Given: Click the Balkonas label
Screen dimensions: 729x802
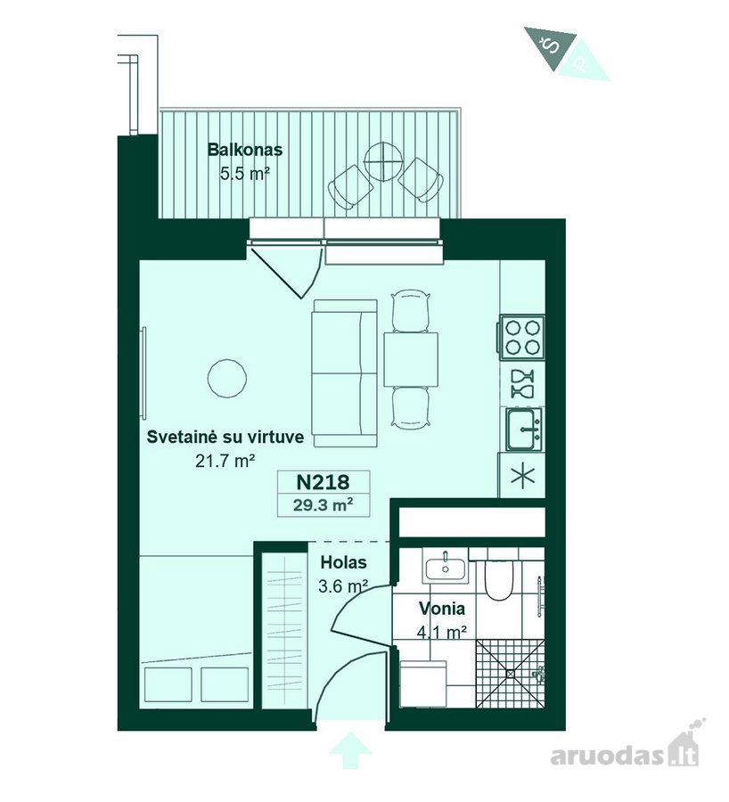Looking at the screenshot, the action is [244, 150].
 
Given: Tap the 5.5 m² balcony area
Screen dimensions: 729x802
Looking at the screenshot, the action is [244, 174].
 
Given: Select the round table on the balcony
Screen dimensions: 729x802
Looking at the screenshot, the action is [382, 161].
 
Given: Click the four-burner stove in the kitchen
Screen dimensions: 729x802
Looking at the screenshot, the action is [522, 337].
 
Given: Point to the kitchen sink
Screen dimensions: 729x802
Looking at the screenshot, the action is [524, 430].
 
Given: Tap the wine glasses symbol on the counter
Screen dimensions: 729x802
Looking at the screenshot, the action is [523, 383].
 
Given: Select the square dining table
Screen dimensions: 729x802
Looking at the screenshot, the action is [411, 360].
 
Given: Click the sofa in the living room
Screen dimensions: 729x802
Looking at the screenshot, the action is [345, 373].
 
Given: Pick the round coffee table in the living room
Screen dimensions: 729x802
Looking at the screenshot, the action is [227, 378].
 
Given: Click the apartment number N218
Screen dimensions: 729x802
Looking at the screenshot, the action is [324, 482].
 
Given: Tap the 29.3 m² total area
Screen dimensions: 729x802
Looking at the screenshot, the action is [324, 505].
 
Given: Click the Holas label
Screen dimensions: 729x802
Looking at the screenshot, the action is [343, 562].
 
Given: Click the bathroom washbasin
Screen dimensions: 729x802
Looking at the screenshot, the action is [445, 567].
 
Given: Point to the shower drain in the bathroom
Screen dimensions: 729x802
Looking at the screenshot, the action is [511, 674].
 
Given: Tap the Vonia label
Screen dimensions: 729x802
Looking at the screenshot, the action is [442, 609].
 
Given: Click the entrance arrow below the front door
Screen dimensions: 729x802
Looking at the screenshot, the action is [350, 750].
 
